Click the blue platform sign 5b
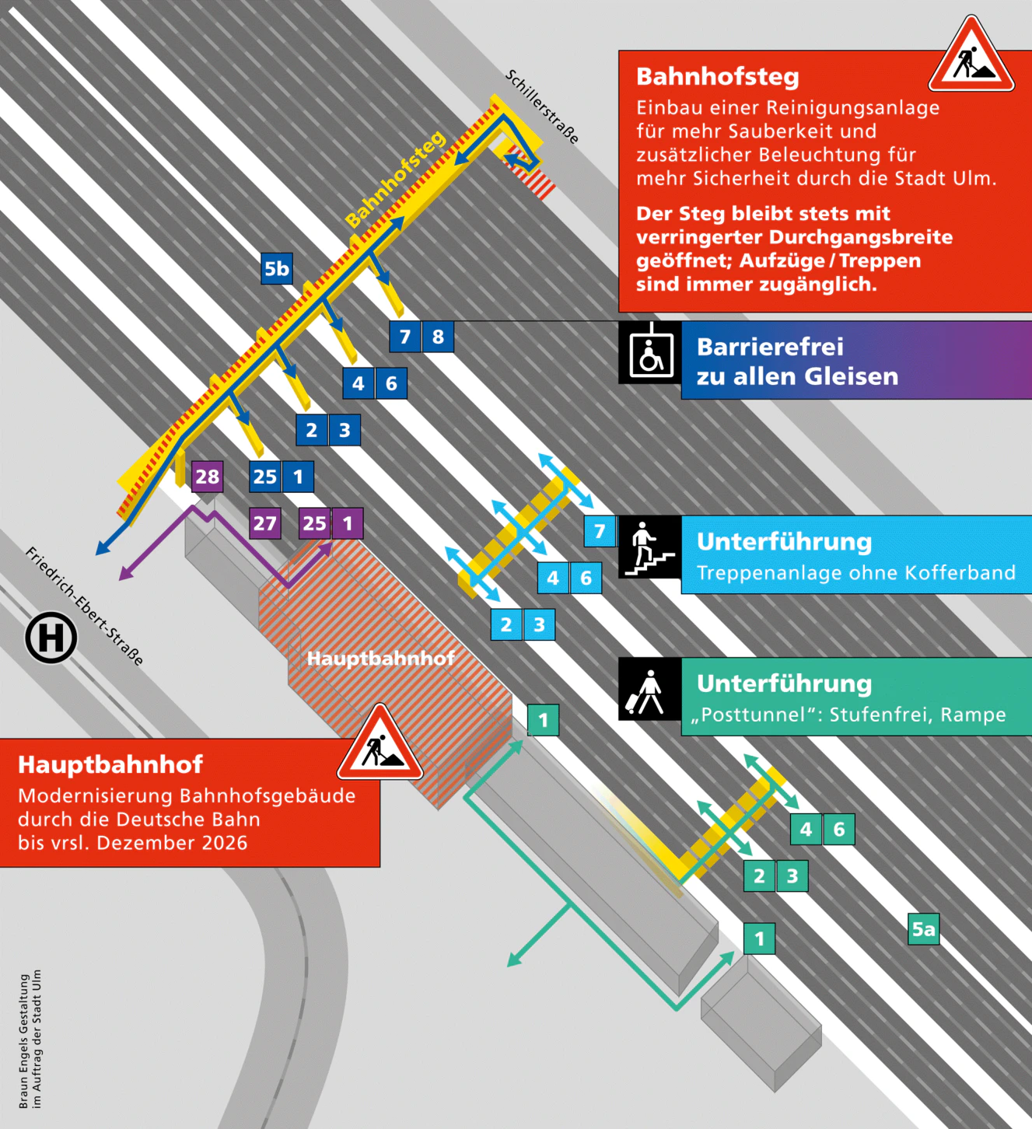pyautogui.click(x=277, y=269)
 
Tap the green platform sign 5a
pyautogui.click(x=924, y=929)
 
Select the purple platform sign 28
pyautogui.click(x=207, y=477)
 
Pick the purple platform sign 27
pyautogui.click(x=264, y=523)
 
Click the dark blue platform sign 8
pyautogui.click(x=438, y=337)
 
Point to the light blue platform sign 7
pyautogui.click(x=600, y=531)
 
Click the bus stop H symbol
pyautogui.click(x=51, y=638)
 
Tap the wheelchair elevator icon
pyautogui.click(x=650, y=354)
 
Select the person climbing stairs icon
pyautogui.click(x=650, y=547)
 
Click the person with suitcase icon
pyautogui.click(x=649, y=690)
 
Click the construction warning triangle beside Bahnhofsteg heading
pyautogui.click(x=972, y=57)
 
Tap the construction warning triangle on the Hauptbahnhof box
pyautogui.click(x=380, y=744)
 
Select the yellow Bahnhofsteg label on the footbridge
pyautogui.click(x=395, y=180)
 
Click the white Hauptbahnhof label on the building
pyautogui.click(x=380, y=659)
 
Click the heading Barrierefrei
pyautogui.click(x=770, y=347)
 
